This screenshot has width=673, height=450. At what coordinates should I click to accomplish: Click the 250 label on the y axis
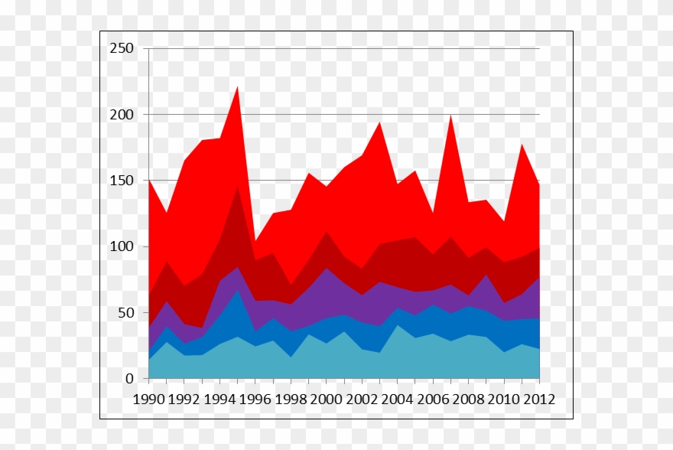click(x=122, y=49)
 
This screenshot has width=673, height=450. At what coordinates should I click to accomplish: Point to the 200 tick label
click(x=122, y=115)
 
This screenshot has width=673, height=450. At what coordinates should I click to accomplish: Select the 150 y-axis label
click(x=122, y=181)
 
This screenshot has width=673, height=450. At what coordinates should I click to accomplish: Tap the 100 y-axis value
click(x=122, y=247)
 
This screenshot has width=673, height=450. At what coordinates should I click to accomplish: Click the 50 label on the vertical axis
click(x=125, y=313)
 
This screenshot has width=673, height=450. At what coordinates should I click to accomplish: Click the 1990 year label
click(x=148, y=399)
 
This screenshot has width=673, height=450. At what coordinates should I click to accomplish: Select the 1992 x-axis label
click(x=184, y=399)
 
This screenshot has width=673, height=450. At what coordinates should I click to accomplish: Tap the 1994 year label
click(x=219, y=399)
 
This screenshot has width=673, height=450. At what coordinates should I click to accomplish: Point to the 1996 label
click(x=255, y=399)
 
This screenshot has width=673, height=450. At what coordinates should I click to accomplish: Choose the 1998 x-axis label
click(x=291, y=399)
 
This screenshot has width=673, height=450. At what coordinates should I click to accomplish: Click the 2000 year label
click(x=327, y=399)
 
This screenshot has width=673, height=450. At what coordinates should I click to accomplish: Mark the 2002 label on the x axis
click(x=362, y=399)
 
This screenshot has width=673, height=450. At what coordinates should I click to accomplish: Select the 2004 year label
click(x=398, y=399)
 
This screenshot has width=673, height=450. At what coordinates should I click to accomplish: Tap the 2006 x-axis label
click(x=433, y=399)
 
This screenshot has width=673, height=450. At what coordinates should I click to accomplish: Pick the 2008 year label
click(x=469, y=399)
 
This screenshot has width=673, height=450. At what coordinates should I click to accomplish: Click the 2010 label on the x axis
click(x=504, y=399)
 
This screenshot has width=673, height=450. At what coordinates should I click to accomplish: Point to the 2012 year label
click(x=538, y=399)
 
